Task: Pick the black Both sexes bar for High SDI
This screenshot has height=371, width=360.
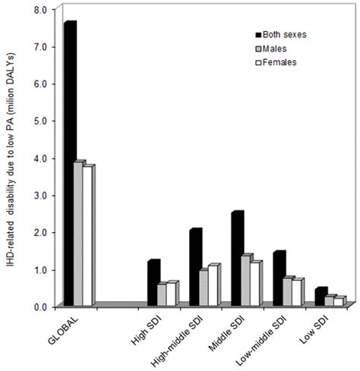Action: click(x=152, y=284)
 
